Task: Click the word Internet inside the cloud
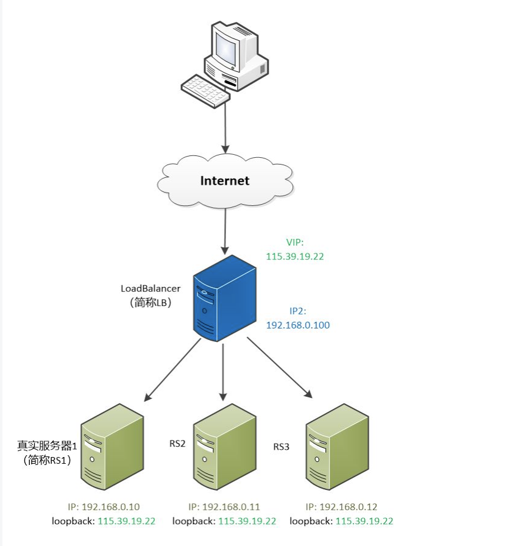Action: pos(225,181)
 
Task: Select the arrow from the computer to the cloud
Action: pos(225,128)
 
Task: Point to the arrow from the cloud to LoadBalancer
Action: pos(225,230)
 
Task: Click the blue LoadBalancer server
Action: pos(223,298)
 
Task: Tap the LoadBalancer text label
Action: pos(151,288)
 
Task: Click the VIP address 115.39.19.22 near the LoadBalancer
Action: pos(295,257)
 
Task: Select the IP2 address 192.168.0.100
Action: pos(298,325)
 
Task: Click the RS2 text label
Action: pos(177,443)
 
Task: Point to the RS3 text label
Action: pos(281,447)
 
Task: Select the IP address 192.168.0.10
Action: pos(111,506)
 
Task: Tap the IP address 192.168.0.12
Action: pos(348,506)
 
